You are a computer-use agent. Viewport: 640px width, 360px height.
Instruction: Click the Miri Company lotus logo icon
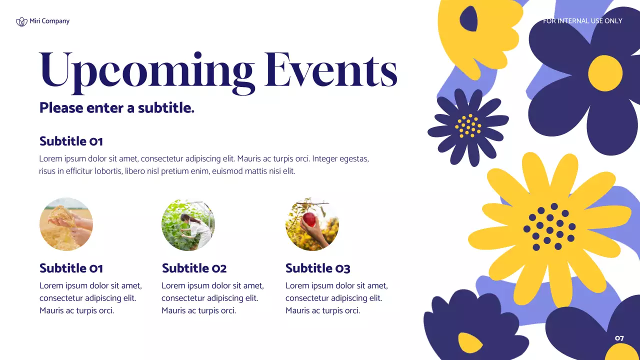(21, 21)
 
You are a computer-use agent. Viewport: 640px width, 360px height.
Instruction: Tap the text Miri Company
(49, 21)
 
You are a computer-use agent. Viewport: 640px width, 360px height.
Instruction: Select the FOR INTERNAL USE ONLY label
(582, 21)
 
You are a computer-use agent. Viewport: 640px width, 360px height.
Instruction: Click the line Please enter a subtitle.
(116, 107)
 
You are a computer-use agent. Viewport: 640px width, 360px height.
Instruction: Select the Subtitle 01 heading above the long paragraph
(71, 141)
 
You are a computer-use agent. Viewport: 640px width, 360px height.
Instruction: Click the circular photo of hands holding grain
(66, 224)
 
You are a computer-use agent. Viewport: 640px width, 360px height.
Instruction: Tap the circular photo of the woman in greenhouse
(188, 224)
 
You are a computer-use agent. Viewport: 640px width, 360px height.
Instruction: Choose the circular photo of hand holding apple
(312, 224)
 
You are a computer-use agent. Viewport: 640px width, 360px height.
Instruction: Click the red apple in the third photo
(310, 219)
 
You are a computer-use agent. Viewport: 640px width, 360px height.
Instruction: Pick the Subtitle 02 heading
(194, 268)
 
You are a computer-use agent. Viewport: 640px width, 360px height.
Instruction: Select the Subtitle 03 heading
(317, 268)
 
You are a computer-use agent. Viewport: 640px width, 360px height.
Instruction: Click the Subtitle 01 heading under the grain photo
(71, 268)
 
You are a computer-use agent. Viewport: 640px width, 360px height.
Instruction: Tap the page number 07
(619, 338)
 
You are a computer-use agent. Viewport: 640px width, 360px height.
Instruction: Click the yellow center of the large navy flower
(605, 73)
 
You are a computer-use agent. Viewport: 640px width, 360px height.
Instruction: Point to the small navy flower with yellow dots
(467, 126)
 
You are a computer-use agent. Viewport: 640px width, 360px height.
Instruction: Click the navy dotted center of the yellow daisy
(549, 227)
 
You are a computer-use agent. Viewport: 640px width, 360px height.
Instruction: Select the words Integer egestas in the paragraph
(340, 159)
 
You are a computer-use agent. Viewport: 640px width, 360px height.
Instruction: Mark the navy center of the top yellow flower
(468, 19)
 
